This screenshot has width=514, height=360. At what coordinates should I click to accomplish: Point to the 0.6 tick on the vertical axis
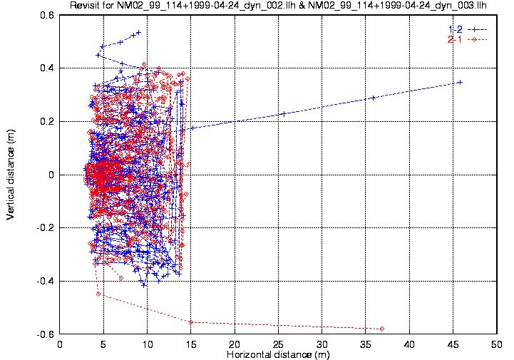point(48,15)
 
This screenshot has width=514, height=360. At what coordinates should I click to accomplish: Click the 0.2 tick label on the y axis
point(48,121)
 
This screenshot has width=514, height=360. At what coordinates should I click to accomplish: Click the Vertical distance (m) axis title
point(11,175)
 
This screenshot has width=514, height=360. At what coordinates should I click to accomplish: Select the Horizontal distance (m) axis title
point(278,354)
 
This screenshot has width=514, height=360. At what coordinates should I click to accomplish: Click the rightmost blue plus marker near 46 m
point(461,82)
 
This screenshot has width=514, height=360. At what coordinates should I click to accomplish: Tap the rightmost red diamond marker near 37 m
point(383,329)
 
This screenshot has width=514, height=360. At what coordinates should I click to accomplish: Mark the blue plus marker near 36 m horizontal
point(373,98)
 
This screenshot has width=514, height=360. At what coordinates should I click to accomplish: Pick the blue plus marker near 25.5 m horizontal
point(283,114)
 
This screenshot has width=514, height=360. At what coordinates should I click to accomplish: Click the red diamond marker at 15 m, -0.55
point(191,322)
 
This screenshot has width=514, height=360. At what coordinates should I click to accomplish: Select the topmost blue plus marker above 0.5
point(138,32)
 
